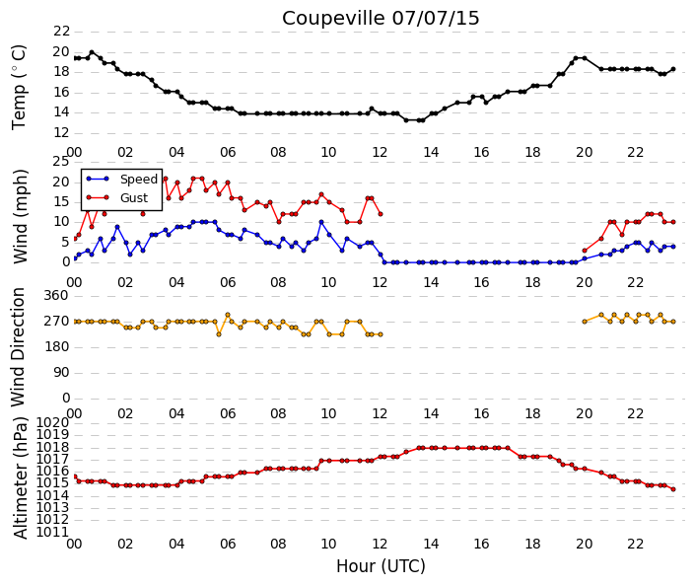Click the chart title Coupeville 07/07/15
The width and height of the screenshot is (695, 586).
point(381,18)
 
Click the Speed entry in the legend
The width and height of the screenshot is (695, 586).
point(139,180)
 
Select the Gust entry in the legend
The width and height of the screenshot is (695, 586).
point(134,198)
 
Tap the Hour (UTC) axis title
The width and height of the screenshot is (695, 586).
point(381,566)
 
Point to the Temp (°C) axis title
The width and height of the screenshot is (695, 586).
point(19,88)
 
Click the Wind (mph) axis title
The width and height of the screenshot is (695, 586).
point(20,216)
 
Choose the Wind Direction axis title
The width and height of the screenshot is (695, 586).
point(18,347)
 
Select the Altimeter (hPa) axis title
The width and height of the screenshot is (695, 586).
point(21,478)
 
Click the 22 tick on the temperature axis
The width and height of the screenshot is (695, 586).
point(61,32)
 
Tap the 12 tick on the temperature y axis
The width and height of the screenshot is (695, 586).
point(61,132)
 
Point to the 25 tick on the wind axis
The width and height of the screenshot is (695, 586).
point(61,162)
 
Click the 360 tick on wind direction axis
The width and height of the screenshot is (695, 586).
point(57,296)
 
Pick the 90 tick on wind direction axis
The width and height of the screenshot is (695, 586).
point(61,373)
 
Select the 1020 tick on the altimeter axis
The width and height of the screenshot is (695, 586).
point(53,422)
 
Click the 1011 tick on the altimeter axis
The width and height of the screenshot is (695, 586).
point(53,532)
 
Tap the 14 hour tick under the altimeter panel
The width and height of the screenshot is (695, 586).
point(431,544)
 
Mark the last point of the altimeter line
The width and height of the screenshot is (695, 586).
point(673,489)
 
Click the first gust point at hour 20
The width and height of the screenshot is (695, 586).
point(585,251)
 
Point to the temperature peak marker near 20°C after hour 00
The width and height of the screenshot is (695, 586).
point(92,52)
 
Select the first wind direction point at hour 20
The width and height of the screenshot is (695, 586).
point(585,322)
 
